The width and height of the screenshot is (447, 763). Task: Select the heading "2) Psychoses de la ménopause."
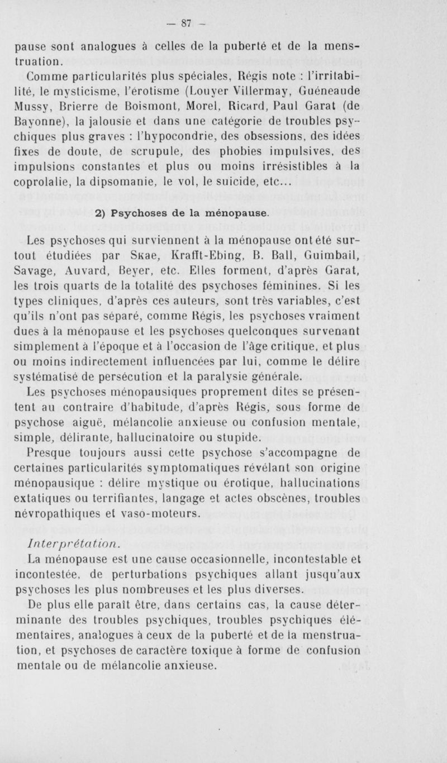[x=184, y=212]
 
